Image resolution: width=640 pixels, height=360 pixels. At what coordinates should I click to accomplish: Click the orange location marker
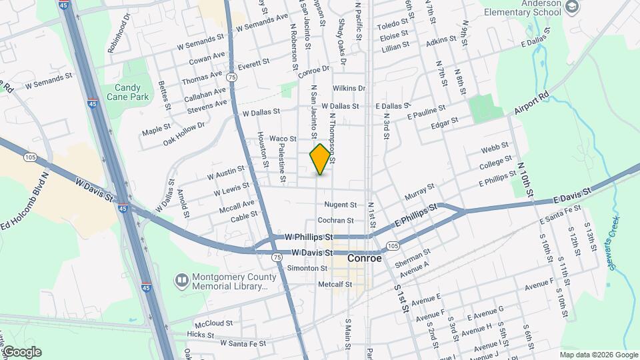321,159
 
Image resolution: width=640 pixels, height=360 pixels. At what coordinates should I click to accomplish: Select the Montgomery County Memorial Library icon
181,280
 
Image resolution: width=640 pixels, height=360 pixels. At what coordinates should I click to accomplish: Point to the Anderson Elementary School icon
571,7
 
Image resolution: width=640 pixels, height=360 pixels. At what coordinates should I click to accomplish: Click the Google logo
21,352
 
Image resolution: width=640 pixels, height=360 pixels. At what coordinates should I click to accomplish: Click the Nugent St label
341,205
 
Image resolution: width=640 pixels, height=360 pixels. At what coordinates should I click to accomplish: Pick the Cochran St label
335,220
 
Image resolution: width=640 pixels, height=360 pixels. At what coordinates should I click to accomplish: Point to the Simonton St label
307,268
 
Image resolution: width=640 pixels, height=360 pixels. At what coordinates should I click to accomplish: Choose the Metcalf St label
335,284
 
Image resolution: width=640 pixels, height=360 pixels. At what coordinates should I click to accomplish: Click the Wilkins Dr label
349,88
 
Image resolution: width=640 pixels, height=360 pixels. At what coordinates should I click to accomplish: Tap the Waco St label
283,139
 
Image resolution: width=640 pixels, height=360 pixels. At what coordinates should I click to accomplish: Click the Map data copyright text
598,355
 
